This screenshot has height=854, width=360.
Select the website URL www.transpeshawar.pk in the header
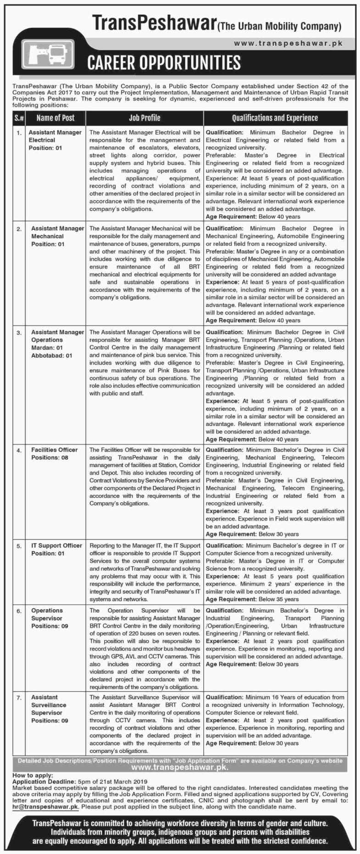(x=288, y=43)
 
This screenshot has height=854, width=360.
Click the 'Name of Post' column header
(x=55, y=118)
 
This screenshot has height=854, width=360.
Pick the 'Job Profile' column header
(x=144, y=118)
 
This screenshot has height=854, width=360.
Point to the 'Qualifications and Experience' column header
(x=275, y=118)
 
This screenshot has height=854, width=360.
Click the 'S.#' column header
(x=19, y=118)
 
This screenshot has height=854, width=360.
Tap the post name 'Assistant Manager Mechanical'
(x=57, y=232)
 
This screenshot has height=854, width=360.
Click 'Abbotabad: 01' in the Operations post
(x=52, y=355)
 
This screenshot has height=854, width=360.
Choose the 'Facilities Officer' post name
(x=54, y=449)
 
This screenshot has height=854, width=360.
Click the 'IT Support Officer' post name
(x=56, y=545)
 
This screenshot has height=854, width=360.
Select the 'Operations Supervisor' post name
(x=47, y=614)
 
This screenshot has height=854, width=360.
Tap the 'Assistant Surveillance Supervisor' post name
(x=49, y=705)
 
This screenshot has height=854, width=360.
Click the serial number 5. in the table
(x=19, y=546)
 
